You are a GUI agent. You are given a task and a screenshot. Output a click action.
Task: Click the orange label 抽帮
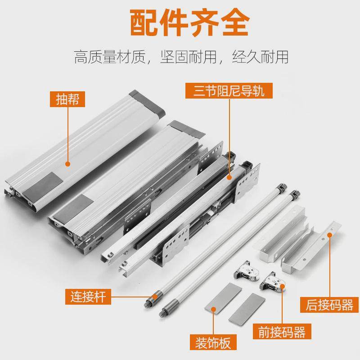pyautogui.click(x=67, y=99)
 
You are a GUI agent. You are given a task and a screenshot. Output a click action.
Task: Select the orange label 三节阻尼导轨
pyautogui.click(x=229, y=90)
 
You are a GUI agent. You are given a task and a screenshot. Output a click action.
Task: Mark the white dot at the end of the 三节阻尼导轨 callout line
pyautogui.click(x=229, y=178)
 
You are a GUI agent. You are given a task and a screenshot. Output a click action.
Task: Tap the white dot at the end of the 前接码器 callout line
pyautogui.click(x=282, y=285)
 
